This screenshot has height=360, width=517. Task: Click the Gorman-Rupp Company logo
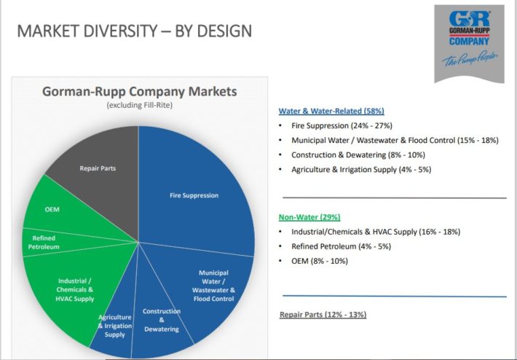pyautogui.click(x=469, y=44)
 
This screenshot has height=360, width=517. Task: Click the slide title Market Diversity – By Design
pyautogui.click(x=135, y=31)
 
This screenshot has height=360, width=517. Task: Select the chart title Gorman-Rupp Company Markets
pyautogui.click(x=140, y=91)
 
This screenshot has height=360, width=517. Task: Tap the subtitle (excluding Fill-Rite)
pyautogui.click(x=140, y=105)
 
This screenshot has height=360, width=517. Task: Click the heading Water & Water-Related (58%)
pyautogui.click(x=331, y=111)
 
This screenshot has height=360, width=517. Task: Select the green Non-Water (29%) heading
pyautogui.click(x=309, y=217)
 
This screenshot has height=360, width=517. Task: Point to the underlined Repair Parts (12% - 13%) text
pyautogui.click(x=323, y=315)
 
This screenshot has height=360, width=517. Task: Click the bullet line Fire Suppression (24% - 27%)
pyautogui.click(x=342, y=126)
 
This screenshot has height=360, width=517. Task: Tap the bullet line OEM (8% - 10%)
pyautogui.click(x=320, y=261)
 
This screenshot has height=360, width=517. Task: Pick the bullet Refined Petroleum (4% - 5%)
pyautogui.click(x=341, y=246)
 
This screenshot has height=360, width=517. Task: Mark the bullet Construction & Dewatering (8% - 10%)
pyautogui.click(x=358, y=154)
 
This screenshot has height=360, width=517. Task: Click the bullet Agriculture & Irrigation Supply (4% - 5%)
pyautogui.click(x=361, y=170)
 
